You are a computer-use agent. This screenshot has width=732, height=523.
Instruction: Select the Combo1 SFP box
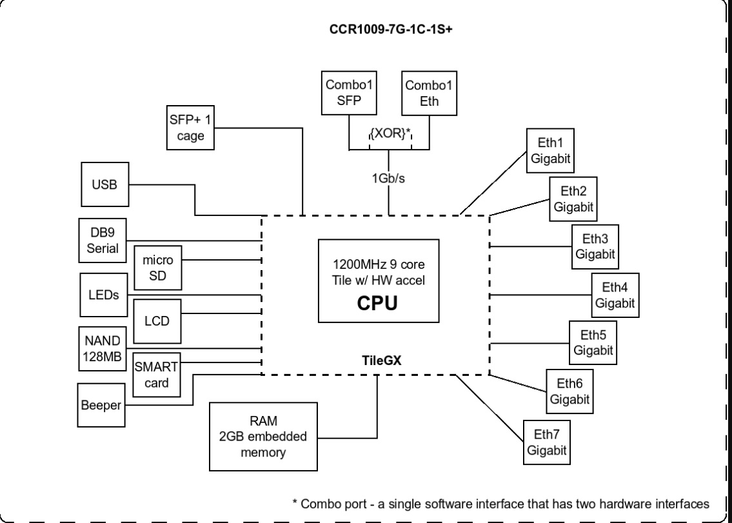348,92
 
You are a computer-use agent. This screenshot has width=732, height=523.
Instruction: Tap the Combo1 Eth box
430,92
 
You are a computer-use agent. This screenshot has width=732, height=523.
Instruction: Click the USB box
104,184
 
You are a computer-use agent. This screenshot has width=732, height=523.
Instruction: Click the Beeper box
101,406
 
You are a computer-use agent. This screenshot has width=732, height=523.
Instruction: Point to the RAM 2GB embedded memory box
264,437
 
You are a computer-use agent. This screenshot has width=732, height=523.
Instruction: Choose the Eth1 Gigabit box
550,152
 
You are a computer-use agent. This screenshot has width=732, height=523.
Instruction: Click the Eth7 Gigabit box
546,443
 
